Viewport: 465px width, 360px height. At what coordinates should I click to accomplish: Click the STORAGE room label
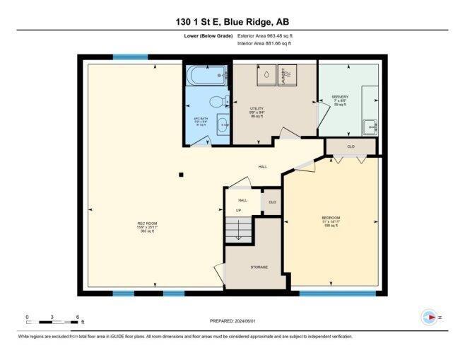259,267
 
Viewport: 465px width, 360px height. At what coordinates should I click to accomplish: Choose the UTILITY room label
257,108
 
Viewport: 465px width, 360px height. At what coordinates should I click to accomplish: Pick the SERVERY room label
340,97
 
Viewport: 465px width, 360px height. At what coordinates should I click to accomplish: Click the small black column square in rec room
182,175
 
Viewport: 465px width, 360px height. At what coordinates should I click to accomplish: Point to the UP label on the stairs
238,210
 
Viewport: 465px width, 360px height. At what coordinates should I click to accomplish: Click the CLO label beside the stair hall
271,202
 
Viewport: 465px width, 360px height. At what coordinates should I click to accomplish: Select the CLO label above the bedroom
351,147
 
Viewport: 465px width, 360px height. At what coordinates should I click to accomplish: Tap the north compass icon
428,318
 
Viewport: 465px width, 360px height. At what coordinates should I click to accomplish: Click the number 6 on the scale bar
76,317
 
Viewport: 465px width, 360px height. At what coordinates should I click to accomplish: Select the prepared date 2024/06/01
232,320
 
